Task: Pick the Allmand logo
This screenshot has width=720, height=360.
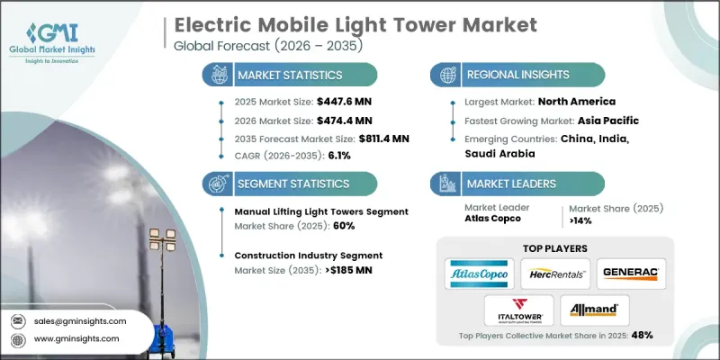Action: tap(594, 310)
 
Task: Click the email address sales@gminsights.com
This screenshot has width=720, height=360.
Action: tap(82, 320)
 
